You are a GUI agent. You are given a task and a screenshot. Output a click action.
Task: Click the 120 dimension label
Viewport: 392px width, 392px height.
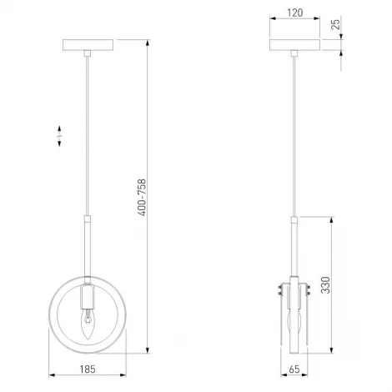[294, 13]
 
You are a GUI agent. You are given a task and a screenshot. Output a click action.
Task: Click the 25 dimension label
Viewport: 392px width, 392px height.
[336, 24]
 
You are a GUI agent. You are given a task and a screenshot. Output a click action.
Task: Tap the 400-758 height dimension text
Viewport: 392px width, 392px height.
[142, 198]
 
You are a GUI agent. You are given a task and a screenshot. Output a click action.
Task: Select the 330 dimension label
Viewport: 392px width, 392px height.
[325, 285]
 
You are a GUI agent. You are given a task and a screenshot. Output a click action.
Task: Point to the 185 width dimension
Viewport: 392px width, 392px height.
[88, 369]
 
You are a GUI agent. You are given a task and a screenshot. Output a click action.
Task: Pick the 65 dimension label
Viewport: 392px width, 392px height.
[294, 369]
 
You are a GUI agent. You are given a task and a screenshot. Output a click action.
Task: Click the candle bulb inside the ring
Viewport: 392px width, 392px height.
[88, 324]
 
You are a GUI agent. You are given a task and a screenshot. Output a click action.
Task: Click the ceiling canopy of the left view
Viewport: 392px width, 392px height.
[88, 45]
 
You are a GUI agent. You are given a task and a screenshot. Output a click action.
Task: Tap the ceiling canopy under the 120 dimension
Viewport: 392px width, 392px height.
[294, 45]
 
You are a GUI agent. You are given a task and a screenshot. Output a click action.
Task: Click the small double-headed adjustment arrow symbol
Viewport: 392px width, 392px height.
[59, 136]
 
